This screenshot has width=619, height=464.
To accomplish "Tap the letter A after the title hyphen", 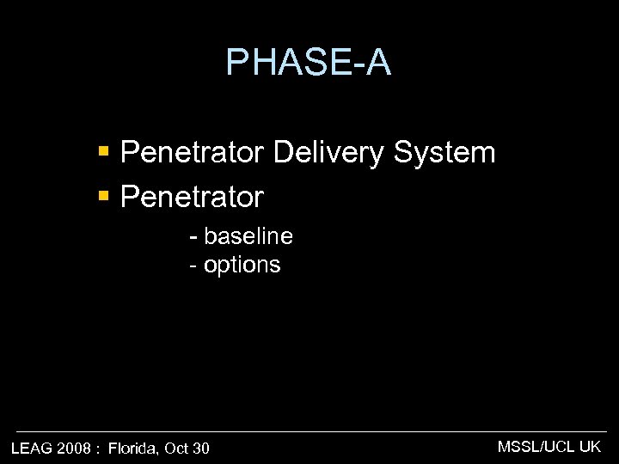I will pyautogui.click(x=377, y=63).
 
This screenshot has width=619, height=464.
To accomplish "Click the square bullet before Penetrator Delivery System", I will pyautogui.click(x=103, y=153).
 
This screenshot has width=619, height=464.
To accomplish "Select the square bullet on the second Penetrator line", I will pyautogui.click(x=103, y=197).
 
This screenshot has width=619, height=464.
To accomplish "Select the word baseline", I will pyautogui.click(x=248, y=236).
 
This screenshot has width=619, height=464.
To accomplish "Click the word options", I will pyautogui.click(x=242, y=265).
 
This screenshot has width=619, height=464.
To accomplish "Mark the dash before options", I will pyautogui.click(x=193, y=266).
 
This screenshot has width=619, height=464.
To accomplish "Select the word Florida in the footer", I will pyautogui.click(x=134, y=448).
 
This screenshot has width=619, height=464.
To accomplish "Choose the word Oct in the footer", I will pyautogui.click(x=176, y=448).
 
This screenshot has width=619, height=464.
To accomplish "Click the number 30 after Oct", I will pyautogui.click(x=200, y=448).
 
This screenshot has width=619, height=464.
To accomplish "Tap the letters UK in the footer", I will pyautogui.click(x=591, y=446).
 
